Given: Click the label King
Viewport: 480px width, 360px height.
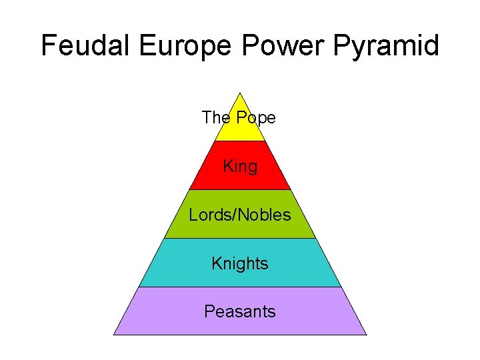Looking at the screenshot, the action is point(240,166).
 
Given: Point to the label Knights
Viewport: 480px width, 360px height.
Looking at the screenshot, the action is point(240,264).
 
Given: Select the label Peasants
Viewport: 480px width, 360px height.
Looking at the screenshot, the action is point(240,311).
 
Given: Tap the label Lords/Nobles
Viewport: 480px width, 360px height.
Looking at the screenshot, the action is point(240,215).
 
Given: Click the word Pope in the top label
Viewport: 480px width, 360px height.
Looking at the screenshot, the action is point(255,118).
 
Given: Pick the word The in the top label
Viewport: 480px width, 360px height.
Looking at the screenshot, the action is point(216,118).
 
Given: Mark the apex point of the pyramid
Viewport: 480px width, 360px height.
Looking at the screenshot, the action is point(239,93).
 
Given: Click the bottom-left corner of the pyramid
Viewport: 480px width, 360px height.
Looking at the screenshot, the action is point(114,334).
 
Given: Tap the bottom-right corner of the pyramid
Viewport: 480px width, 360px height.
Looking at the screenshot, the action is point(366,334).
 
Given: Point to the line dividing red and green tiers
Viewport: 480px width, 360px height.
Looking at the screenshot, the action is point(240,190).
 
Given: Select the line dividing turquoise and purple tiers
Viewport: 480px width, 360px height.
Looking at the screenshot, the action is point(240,287).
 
